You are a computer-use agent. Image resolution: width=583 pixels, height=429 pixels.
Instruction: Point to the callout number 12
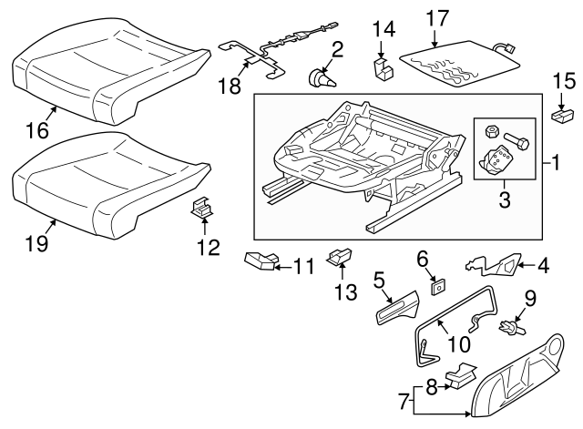pyautogui.click(x=208, y=246)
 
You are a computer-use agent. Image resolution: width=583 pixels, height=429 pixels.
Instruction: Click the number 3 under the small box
pyautogui.click(x=501, y=197)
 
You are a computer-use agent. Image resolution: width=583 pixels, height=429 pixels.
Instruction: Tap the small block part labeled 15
pyautogui.click(x=565, y=116)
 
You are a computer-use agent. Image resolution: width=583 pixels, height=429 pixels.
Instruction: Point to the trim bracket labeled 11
pyautogui.click(x=261, y=263)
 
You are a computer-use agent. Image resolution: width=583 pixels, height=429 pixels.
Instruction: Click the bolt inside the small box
pyautogui.click(x=519, y=142)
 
